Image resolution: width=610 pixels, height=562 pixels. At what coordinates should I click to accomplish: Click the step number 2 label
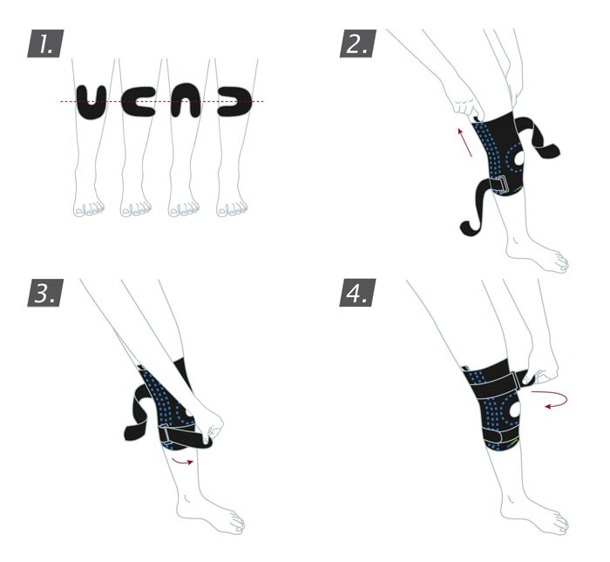pyautogui.click(x=356, y=43)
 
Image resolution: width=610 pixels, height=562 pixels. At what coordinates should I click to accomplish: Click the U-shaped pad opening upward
pyautogui.click(x=93, y=102)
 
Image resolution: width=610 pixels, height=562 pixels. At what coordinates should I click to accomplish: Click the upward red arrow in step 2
pyautogui.click(x=464, y=140)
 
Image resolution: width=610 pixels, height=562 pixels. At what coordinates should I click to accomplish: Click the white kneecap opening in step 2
pyautogui.click(x=519, y=163)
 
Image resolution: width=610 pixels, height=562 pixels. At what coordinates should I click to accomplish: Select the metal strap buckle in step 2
pyautogui.click(x=498, y=186)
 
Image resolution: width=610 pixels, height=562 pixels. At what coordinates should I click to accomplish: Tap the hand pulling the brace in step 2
pyautogui.click(x=461, y=100)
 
